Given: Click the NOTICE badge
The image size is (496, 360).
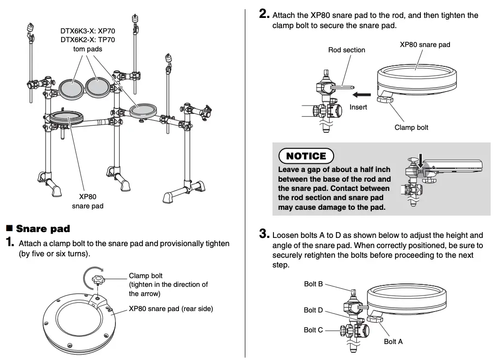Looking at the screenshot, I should (306, 156).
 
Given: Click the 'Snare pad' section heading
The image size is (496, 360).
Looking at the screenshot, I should (43, 229).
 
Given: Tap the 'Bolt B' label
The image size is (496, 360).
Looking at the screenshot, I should (313, 284).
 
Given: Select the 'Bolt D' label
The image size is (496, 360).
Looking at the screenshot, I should (313, 310).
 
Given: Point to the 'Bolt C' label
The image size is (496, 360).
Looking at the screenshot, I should (313, 330).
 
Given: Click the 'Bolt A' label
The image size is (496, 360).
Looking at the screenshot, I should (393, 342).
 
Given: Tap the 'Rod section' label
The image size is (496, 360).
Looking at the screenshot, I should (347, 50).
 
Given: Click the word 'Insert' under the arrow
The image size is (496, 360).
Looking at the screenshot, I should (358, 107).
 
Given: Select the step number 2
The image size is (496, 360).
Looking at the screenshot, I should (264, 15).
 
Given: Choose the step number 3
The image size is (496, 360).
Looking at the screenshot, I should (264, 235).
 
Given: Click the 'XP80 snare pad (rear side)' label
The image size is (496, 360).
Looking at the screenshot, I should (171, 309).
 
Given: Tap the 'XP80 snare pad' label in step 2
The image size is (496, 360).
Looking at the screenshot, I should (425, 45).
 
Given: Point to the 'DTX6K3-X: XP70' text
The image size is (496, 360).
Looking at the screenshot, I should (88, 31).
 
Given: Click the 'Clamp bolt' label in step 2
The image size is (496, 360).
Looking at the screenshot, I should (411, 127).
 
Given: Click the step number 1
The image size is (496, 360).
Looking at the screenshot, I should (10, 243).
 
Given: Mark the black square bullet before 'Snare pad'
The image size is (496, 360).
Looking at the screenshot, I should (9, 228).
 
